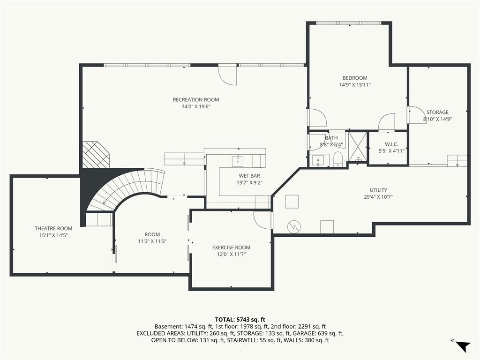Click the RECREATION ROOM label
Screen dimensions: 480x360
coord(196,99)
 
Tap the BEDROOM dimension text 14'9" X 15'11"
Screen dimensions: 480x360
coord(355,85)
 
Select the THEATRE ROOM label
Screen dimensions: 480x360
coord(53,228)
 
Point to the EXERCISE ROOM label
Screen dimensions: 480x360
coord(231,247)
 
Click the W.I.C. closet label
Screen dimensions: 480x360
coord(391,144)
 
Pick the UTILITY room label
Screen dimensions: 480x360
coord(378,190)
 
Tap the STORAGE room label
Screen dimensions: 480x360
coord(437,112)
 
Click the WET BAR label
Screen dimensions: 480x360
coord(249,176)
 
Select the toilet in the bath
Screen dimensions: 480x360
coord(338,159)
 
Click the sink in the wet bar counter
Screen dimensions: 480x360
coord(237,160)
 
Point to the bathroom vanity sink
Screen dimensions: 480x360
coord(318,160)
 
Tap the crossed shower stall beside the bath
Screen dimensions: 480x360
coord(358,146)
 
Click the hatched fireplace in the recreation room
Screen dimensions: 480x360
coord(96,154)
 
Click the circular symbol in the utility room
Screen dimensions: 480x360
coord(294,227)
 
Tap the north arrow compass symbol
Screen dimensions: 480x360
coord(462,345)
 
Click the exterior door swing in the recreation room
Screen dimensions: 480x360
coord(227,75)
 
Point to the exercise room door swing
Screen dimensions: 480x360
coord(262,220)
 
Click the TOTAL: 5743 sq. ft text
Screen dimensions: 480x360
coord(240,320)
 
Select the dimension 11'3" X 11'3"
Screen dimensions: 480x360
coord(152,241)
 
